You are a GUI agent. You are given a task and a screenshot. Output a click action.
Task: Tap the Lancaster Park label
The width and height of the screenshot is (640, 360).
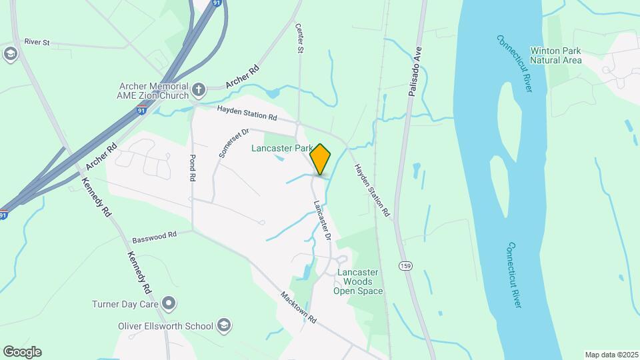[281, 148]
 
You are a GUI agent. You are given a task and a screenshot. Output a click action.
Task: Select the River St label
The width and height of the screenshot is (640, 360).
[37, 41]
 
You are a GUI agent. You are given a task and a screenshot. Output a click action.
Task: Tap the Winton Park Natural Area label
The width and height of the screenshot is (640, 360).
[555, 55]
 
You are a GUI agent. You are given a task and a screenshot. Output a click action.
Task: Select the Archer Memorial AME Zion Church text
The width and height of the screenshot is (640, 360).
[153, 91]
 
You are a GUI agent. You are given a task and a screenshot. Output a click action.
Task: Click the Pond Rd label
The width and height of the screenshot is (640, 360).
[192, 169]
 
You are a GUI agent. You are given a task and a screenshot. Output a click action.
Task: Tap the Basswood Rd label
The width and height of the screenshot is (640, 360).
[154, 235]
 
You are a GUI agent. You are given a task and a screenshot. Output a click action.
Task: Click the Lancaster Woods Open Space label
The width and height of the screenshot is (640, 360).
[359, 281]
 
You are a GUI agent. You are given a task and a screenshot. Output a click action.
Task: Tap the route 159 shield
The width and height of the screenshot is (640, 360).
[405, 266]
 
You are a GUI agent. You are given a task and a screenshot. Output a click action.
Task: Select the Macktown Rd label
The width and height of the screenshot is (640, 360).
[298, 308]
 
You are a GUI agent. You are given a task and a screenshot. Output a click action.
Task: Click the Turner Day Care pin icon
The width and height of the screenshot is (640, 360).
[169, 304]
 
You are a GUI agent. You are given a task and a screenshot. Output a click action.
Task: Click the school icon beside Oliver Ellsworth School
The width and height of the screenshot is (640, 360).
[225, 325]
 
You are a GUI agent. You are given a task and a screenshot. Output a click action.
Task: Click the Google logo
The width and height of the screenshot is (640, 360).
[22, 352]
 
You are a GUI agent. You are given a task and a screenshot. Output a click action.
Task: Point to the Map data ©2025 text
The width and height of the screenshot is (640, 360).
[611, 355]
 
